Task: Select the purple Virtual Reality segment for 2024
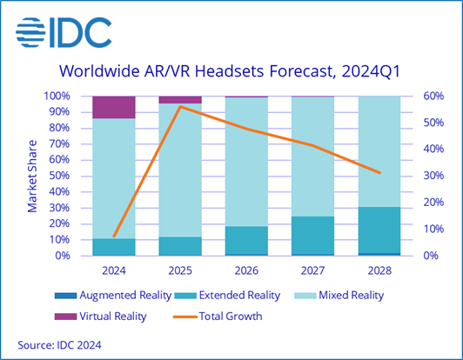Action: (x=113, y=107)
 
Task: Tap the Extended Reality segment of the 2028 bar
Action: (x=380, y=230)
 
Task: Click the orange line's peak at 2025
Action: (x=180, y=107)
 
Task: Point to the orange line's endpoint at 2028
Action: (x=380, y=172)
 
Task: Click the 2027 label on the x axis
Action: (x=313, y=270)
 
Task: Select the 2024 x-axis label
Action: (x=113, y=270)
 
